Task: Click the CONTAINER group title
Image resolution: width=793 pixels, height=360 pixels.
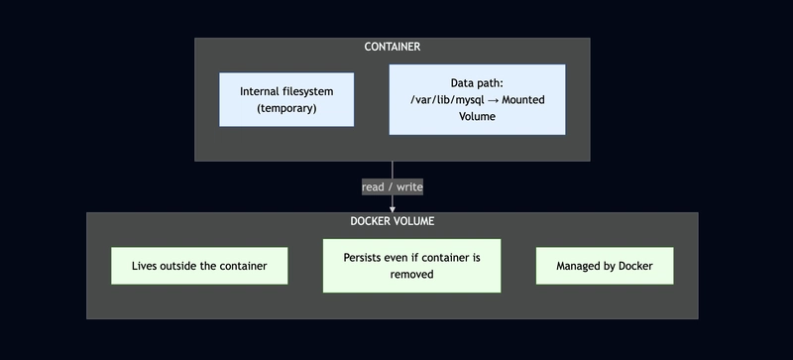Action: pyautogui.click(x=393, y=47)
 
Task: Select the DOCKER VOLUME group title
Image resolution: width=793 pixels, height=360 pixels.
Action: pyautogui.click(x=393, y=221)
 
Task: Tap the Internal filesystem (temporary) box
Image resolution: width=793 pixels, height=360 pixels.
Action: pyautogui.click(x=286, y=99)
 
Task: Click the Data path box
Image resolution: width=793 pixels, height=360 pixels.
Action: pyautogui.click(x=477, y=99)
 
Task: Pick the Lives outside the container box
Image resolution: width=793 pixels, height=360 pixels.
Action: pyautogui.click(x=199, y=266)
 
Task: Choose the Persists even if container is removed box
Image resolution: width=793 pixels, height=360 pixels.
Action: pyautogui.click(x=411, y=266)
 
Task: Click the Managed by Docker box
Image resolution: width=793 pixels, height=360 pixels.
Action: pyautogui.click(x=605, y=266)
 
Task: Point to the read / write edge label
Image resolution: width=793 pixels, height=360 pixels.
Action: pyautogui.click(x=393, y=186)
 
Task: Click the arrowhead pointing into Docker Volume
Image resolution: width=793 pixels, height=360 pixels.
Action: pyautogui.click(x=393, y=208)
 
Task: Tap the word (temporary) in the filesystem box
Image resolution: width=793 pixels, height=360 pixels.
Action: pyautogui.click(x=286, y=108)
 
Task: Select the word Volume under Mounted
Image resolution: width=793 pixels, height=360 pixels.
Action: pyautogui.click(x=477, y=116)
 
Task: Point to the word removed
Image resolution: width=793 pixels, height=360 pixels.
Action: pyautogui.click(x=411, y=275)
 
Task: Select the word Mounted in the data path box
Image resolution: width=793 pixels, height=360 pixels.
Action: pyautogui.click(x=519, y=100)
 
